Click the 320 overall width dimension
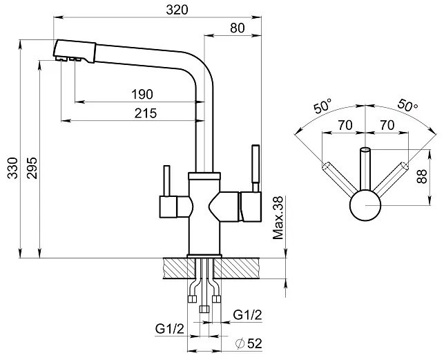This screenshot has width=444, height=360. point(177,10)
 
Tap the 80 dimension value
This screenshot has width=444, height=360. point(238,28)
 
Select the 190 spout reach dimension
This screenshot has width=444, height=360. point(142,95)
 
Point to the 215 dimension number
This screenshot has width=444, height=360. point(146,113)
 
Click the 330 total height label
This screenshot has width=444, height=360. point(12,168)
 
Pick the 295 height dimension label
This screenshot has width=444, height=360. point(32,168)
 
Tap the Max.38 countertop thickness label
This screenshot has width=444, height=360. point(278,218)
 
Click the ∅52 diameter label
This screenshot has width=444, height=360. point(249,344)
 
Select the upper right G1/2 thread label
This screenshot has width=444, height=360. point(247,315)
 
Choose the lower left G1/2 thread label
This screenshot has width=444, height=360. point(170,329)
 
